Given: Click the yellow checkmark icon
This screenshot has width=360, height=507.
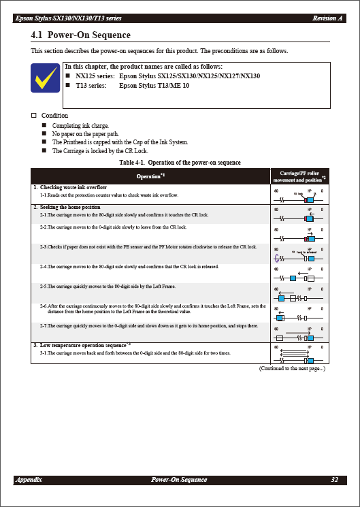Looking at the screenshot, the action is (x=45, y=78).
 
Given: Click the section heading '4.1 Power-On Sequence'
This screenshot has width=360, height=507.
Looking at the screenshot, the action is (x=81, y=35).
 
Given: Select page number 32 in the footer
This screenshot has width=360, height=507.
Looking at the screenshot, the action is (x=334, y=480).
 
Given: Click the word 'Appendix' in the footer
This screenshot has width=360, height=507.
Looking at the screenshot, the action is (x=29, y=480).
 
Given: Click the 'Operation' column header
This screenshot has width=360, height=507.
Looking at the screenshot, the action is (x=150, y=176).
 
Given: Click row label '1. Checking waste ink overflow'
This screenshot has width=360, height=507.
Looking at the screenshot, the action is (x=70, y=187).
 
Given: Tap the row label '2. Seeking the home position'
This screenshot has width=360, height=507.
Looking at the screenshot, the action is (x=67, y=207).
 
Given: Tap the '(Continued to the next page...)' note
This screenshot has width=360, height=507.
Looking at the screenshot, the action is (x=292, y=368).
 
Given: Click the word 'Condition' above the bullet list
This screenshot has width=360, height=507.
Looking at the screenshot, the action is (x=54, y=116).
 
